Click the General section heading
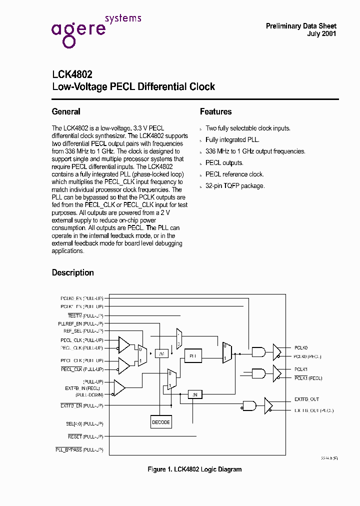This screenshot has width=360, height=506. (66, 111)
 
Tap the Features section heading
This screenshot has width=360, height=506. (215, 111)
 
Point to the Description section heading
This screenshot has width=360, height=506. (73, 272)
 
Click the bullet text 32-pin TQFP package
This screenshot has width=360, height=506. (235, 185)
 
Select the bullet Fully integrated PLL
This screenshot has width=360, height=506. (232, 139)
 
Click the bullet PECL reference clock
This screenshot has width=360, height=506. (234, 174)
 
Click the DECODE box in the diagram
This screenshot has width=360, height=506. (161, 422)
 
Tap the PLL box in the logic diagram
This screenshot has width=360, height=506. (192, 355)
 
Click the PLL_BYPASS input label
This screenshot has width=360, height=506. (79, 450)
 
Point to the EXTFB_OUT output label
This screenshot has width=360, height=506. (306, 399)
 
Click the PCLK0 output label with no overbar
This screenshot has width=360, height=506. (301, 347)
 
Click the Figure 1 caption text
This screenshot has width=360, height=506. (194, 469)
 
